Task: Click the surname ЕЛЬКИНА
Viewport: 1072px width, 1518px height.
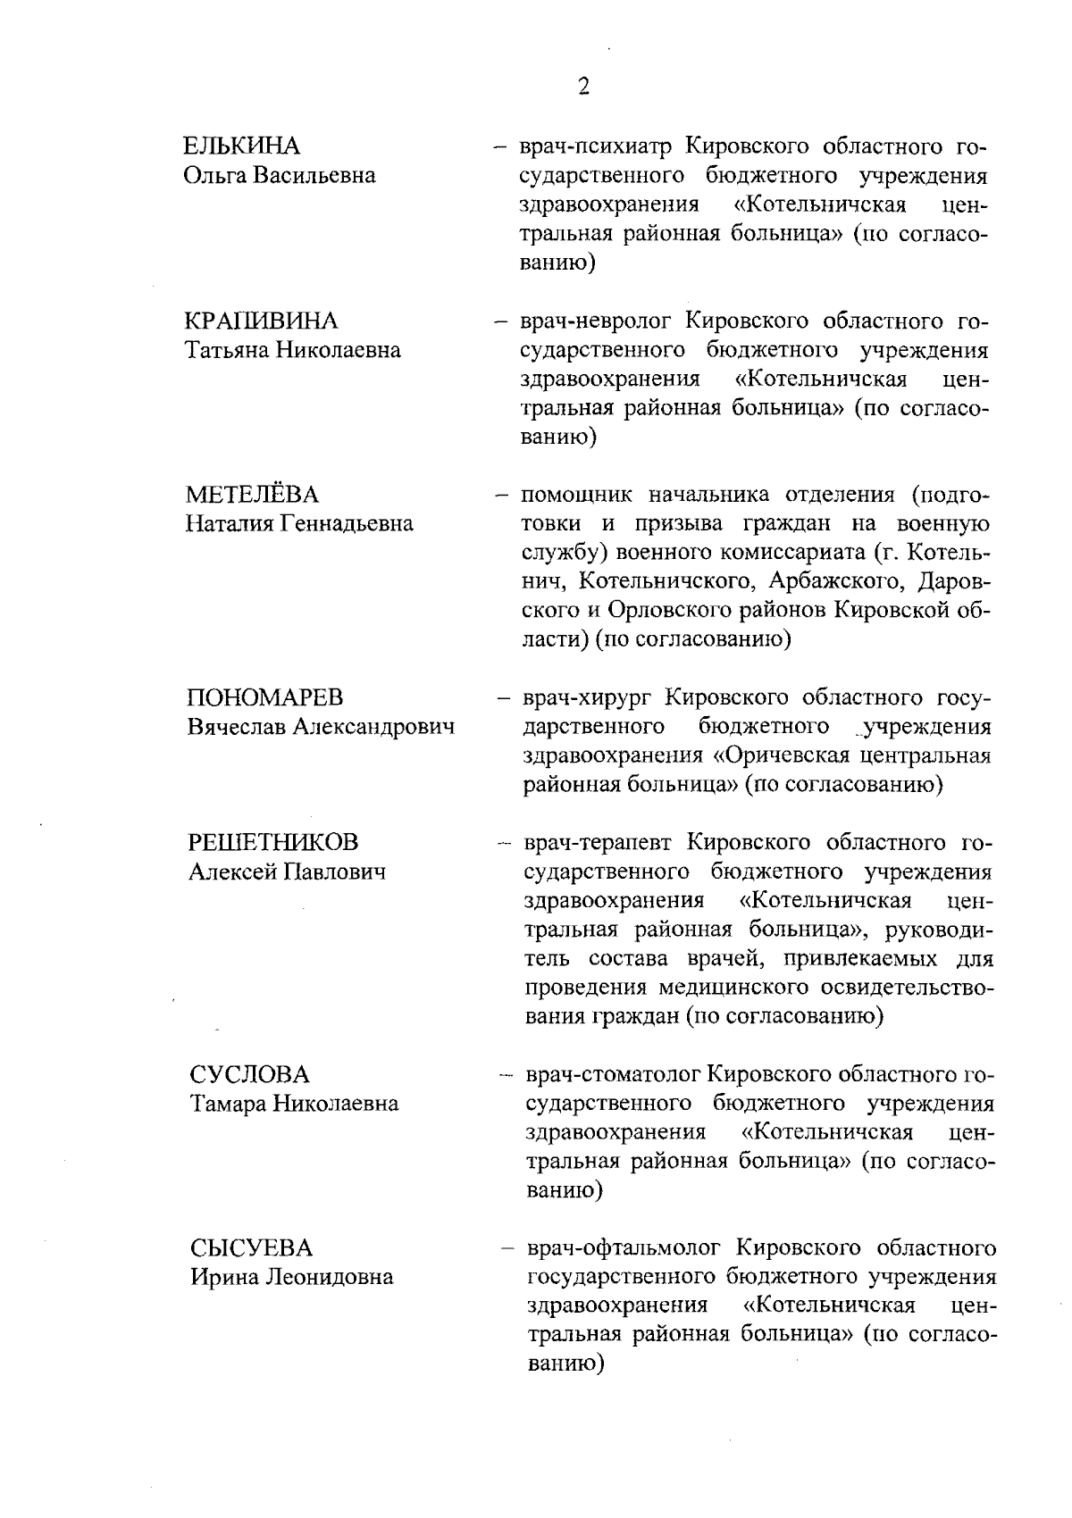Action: pyautogui.click(x=241, y=146)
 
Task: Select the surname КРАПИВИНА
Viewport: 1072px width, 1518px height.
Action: pyautogui.click(x=261, y=321)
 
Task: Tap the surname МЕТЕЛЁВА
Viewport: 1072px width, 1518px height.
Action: pyautogui.click(x=252, y=495)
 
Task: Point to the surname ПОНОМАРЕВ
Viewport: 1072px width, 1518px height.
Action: pyautogui.click(x=265, y=697)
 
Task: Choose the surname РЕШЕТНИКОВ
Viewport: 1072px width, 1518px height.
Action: pyautogui.click(x=273, y=842)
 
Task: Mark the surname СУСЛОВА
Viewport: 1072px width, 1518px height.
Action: pyautogui.click(x=249, y=1074)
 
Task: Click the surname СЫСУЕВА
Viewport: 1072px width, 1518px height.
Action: pyautogui.click(x=251, y=1247)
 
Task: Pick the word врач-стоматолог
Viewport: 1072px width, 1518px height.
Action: pyautogui.click(x=611, y=1074)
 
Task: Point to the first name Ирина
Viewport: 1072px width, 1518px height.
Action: pyautogui.click(x=222, y=1277)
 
